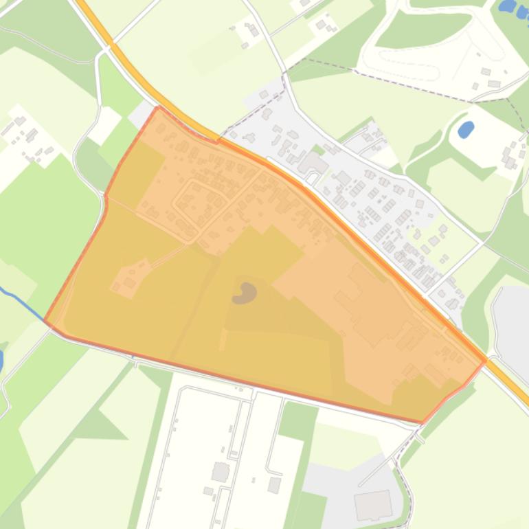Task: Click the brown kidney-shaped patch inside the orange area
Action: pyautogui.click(x=245, y=294)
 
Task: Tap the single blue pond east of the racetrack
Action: pyautogui.click(x=466, y=128)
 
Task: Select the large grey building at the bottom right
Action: pyautogui.click(x=372, y=506)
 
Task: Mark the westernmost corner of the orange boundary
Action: pyautogui.click(x=45, y=320)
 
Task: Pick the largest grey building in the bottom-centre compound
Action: pyautogui.click(x=221, y=471)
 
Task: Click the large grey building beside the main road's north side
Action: pyautogui.click(x=313, y=164)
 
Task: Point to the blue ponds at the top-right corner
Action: pyautogui.click(x=513, y=8)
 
